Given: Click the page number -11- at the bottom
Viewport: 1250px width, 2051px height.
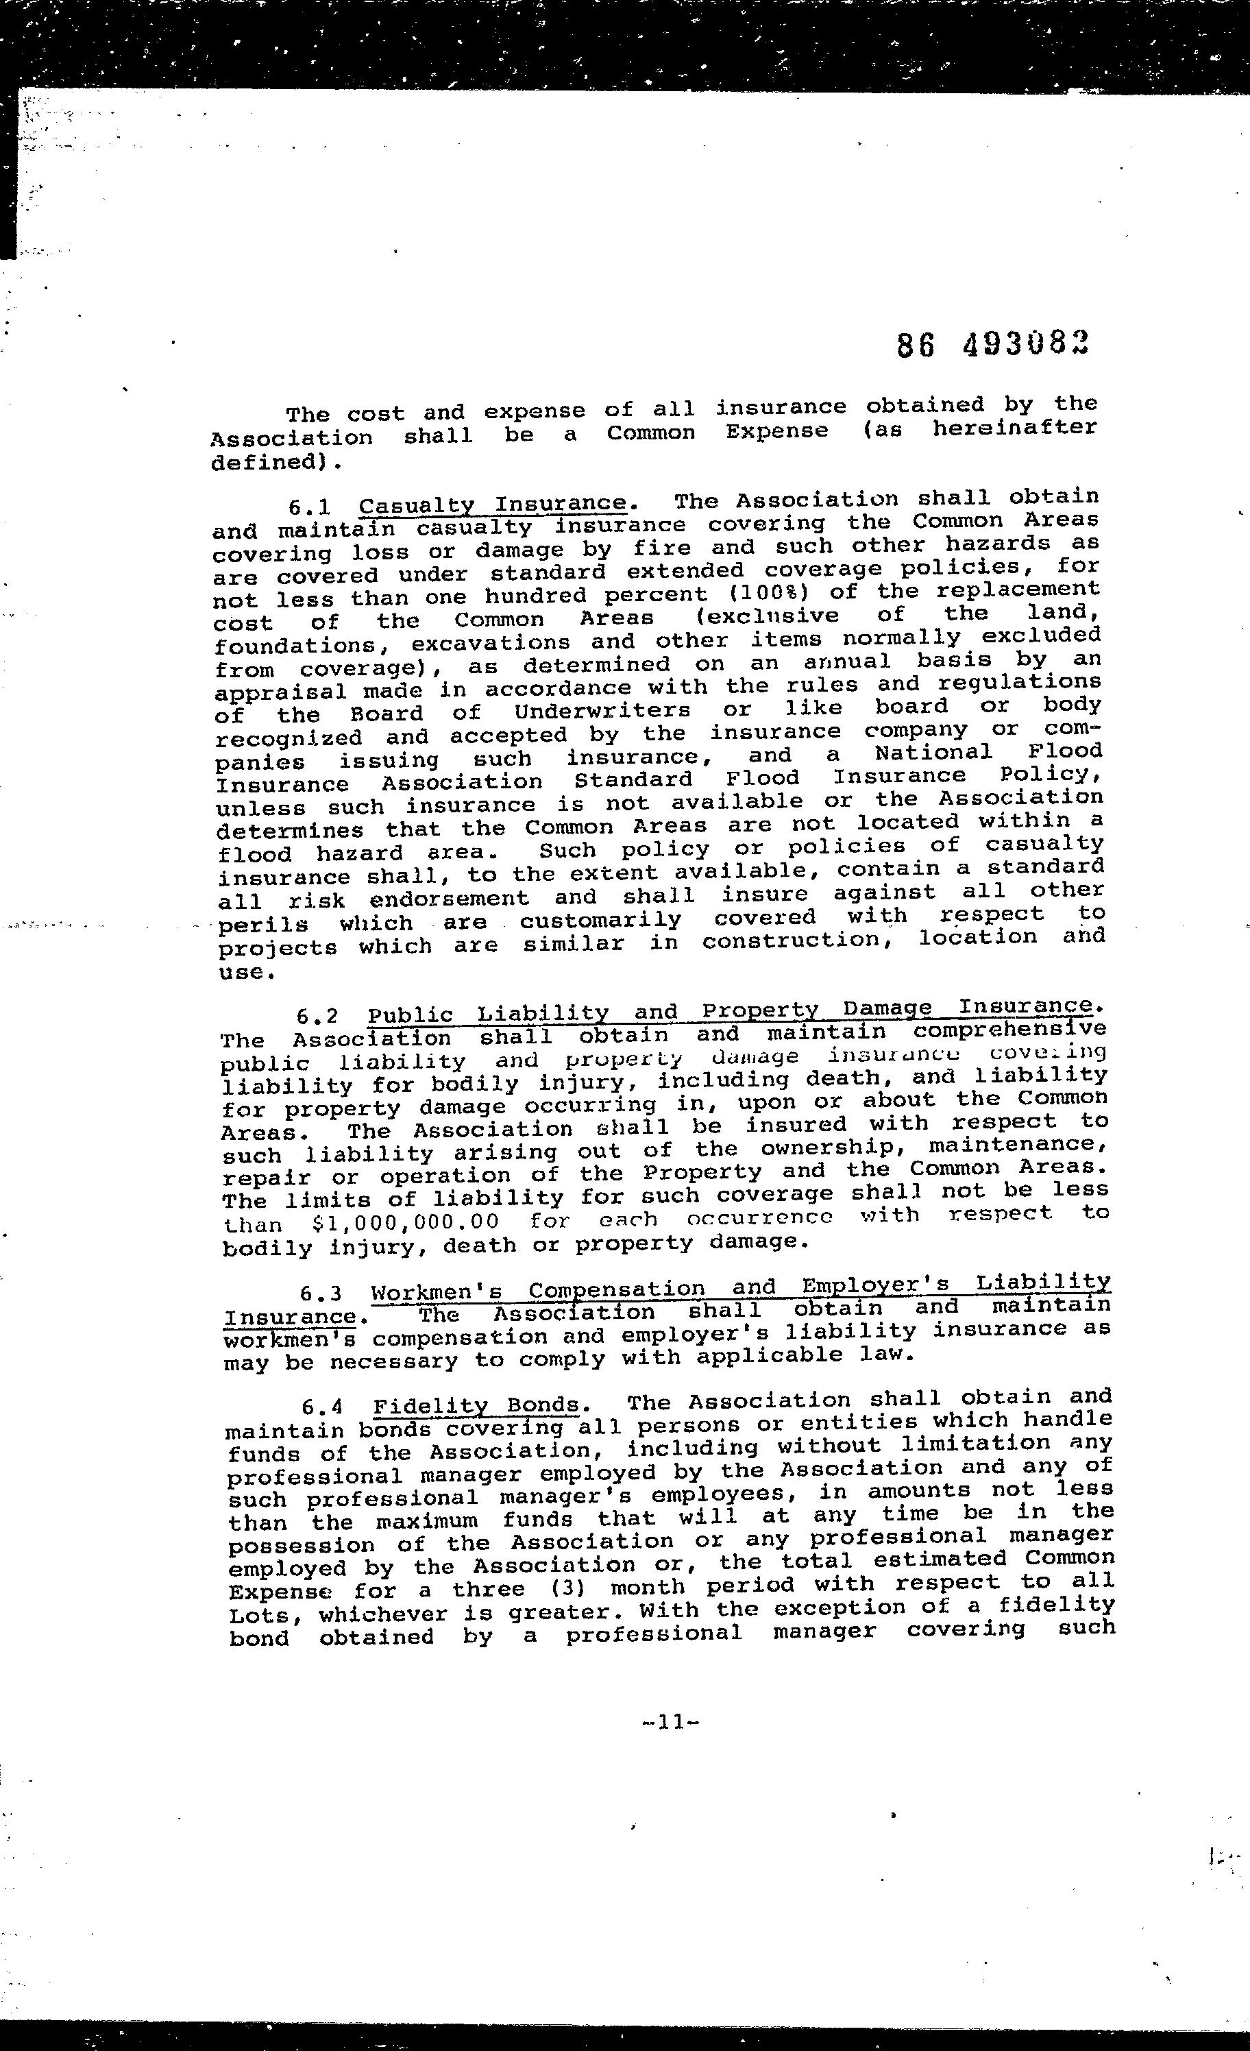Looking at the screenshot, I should click(670, 1721).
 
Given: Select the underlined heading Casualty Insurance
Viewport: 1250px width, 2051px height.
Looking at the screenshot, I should click(492, 505).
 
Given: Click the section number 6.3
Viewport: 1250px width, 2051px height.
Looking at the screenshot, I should click(321, 1294).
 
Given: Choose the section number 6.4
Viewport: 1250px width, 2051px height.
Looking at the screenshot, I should click(323, 1407).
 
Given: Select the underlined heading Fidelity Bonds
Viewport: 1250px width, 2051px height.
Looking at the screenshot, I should click(476, 1406).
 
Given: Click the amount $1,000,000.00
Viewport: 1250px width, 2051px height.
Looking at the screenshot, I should click(405, 1223).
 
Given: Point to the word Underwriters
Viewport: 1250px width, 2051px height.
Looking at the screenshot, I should click(602, 712).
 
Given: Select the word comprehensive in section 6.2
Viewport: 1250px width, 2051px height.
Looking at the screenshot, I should click(1009, 1030).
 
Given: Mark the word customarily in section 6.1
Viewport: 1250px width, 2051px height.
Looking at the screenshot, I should click(600, 921).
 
